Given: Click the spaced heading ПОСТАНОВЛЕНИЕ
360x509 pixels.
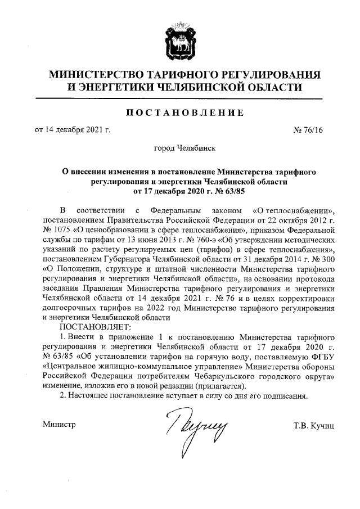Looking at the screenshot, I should click(184, 114).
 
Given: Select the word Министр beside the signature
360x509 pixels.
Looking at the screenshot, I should click(59, 423).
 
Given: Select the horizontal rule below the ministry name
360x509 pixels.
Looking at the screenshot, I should click(179, 99).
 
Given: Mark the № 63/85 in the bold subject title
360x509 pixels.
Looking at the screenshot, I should click(212, 191).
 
